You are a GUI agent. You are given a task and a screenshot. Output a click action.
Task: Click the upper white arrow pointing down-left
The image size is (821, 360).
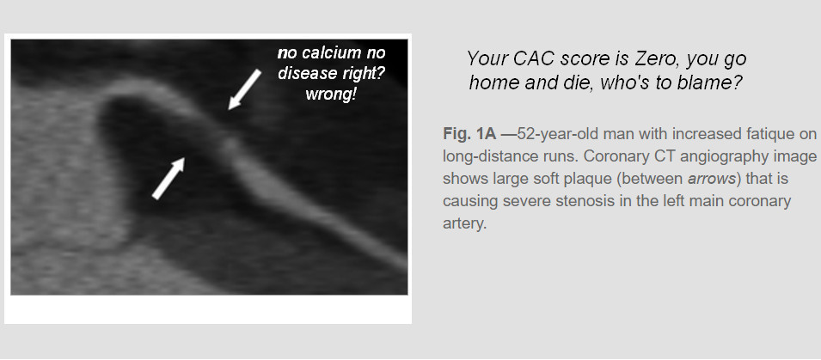pyautogui.click(x=244, y=89)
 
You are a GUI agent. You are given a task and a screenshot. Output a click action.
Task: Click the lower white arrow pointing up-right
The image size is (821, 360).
pyautogui.click(x=168, y=178)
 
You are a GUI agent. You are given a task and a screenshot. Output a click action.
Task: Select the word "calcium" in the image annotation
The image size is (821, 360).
pyautogui.click(x=325, y=53)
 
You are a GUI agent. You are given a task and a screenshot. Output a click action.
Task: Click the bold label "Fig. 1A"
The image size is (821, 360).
pyautogui.click(x=469, y=134)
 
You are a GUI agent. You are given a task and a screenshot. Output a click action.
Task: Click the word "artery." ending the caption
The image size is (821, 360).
pyautogui.click(x=465, y=224)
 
